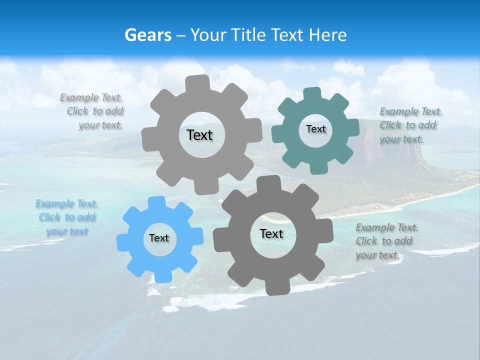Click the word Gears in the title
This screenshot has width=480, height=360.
pyautogui.click(x=147, y=35)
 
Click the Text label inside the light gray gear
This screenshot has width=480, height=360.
pyautogui.click(x=199, y=135)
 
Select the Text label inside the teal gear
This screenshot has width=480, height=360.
pyautogui.click(x=315, y=129)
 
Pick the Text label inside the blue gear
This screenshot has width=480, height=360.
pyautogui.click(x=159, y=238)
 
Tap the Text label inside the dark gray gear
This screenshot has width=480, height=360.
pyautogui.click(x=271, y=234)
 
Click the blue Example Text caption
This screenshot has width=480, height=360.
pyautogui.click(x=67, y=217)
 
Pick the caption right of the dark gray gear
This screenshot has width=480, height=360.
pyautogui.click(x=386, y=241)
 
